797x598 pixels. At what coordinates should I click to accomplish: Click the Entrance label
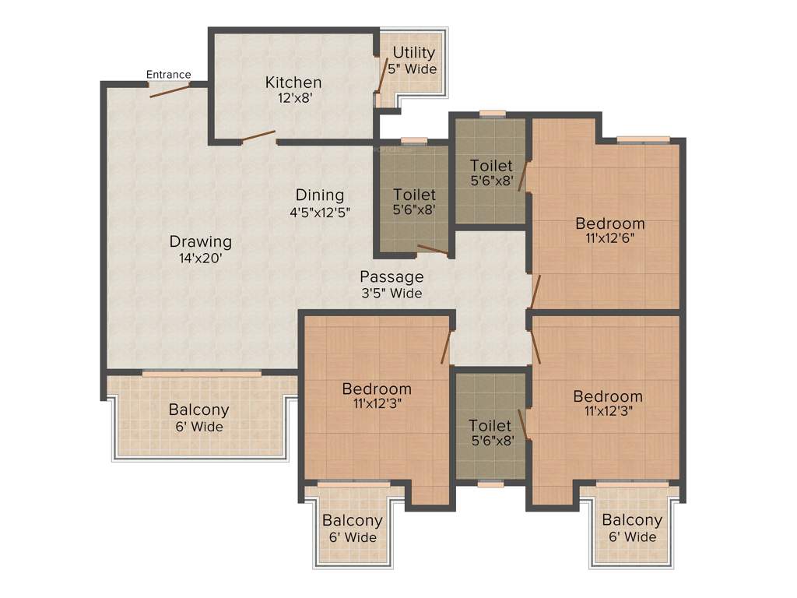169,75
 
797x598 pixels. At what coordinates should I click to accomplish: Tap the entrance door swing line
170,90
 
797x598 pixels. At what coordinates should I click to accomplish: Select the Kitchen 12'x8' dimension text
293,98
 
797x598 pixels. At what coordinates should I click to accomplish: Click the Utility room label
413,53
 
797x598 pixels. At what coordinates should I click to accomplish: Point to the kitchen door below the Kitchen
258,137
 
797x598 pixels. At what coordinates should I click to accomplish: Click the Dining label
319,195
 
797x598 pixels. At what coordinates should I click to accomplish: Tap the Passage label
391,276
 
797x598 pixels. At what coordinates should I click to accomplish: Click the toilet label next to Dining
414,195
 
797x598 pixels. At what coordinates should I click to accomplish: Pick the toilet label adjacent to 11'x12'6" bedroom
491,166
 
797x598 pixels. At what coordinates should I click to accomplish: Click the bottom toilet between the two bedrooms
490,426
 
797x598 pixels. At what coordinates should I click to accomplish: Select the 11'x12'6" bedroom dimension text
610,239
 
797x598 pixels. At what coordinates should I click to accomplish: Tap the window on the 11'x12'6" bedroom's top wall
644,140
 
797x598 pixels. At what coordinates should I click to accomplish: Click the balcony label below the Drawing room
198,410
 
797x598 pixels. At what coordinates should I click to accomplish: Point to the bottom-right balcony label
632,520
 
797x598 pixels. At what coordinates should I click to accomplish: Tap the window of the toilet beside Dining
413,142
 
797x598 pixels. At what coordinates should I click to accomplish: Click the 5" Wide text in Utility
413,69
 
